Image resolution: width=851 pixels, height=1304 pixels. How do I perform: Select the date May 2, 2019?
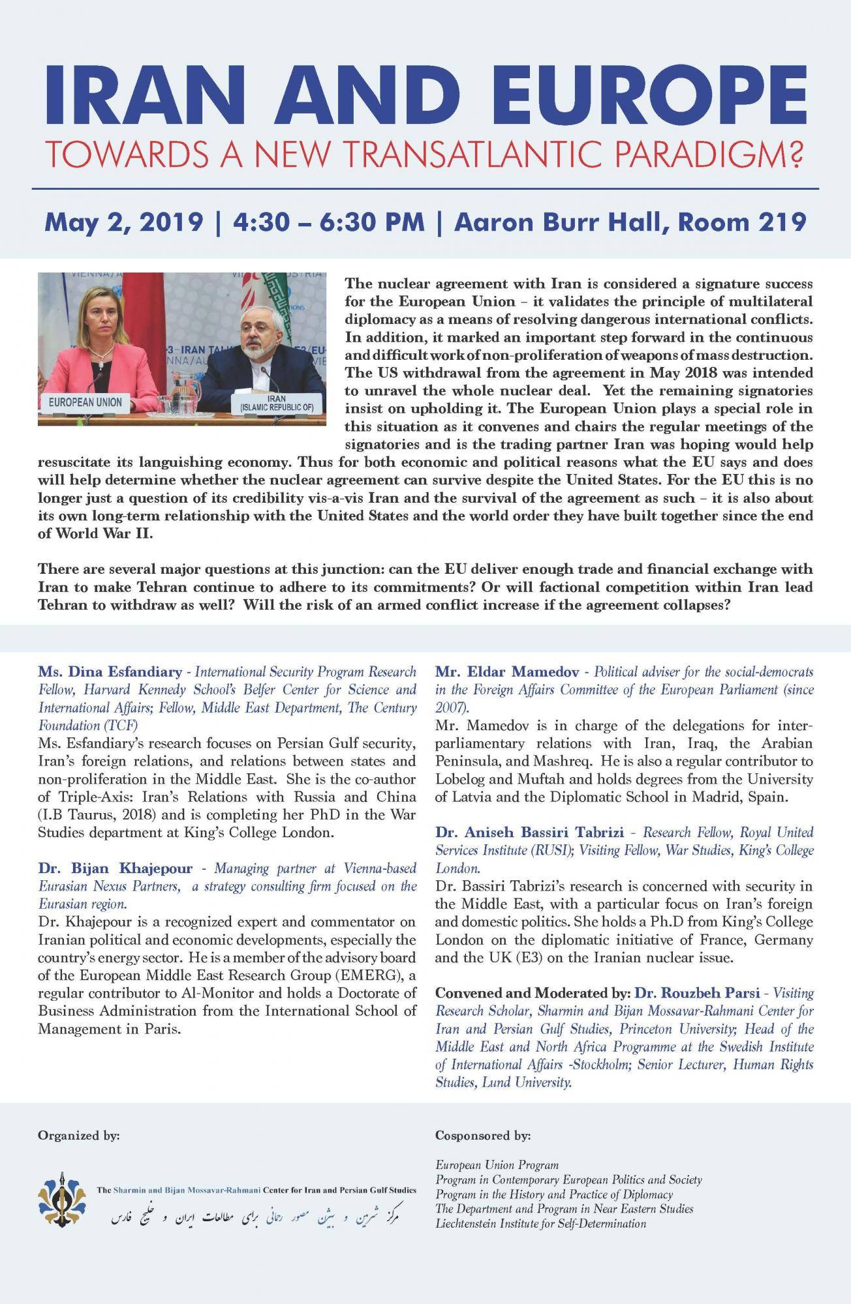(x=123, y=222)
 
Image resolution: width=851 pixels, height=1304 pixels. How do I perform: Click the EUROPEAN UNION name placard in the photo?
(x=85, y=402)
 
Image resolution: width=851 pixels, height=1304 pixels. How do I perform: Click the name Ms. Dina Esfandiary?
(x=110, y=672)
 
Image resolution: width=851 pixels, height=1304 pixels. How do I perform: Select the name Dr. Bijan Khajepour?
(x=116, y=868)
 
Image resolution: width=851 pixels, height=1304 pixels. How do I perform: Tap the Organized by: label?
(x=79, y=1136)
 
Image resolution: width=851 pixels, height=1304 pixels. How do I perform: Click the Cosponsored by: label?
(x=483, y=1136)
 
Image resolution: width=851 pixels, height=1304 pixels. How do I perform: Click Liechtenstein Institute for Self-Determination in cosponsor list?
(x=541, y=1223)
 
